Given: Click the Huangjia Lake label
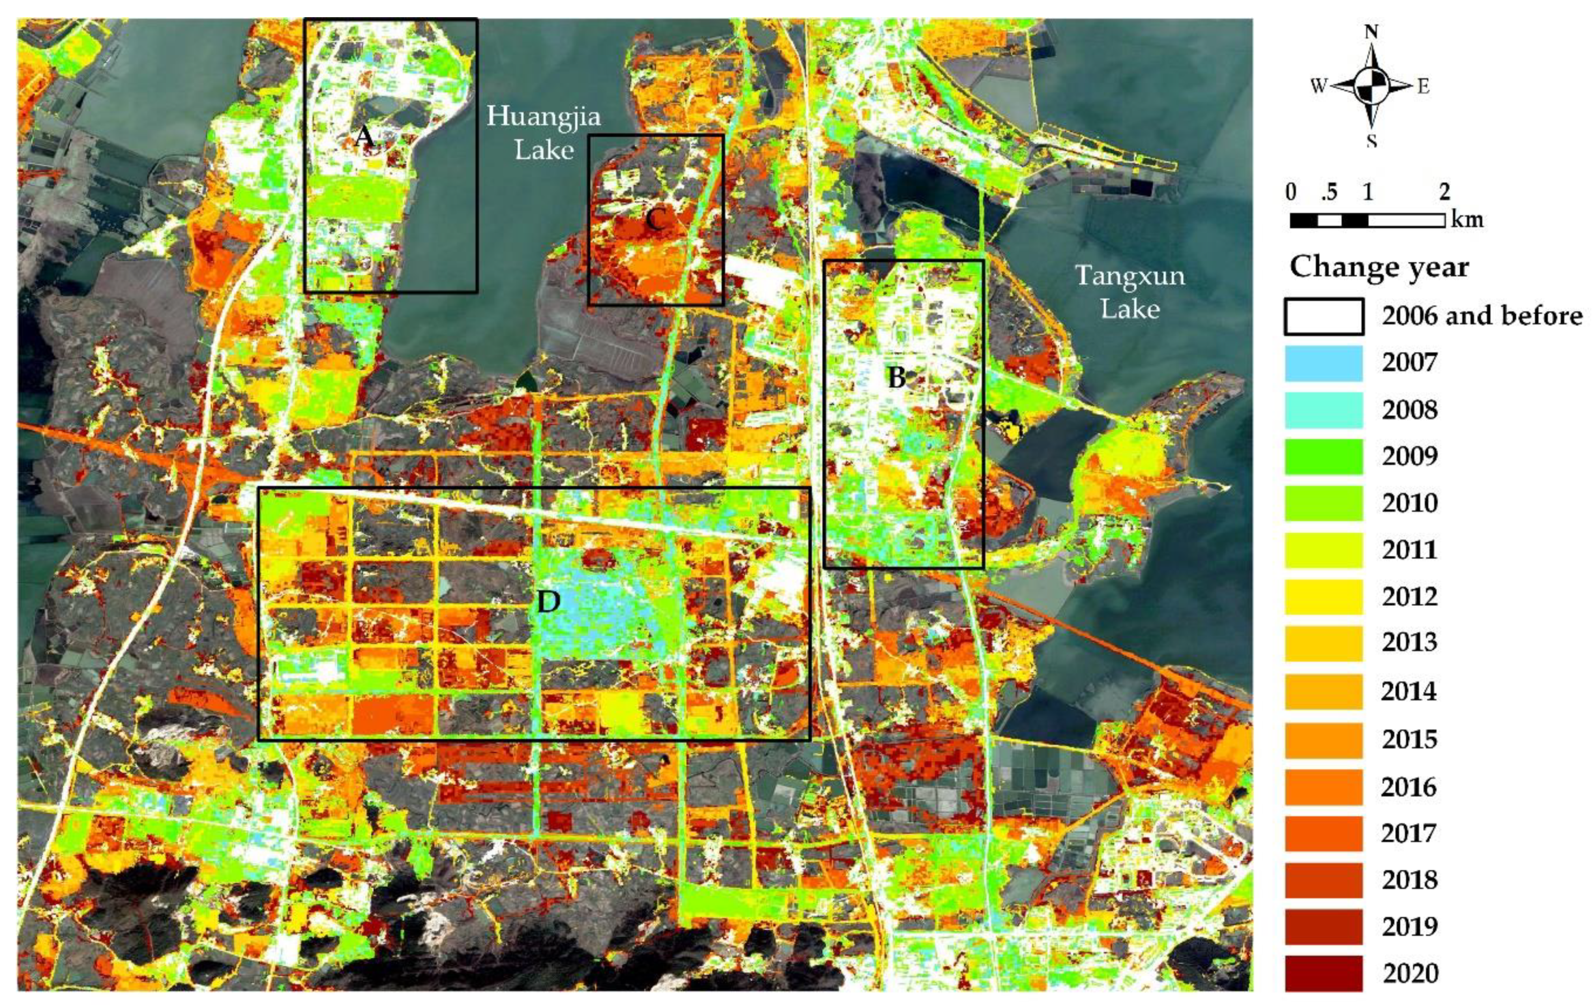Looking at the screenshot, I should coord(544,133).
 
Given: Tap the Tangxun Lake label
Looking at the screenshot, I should coord(1130,292).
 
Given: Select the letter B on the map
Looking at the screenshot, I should coord(897,377).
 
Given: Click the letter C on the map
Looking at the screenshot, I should coord(655,219).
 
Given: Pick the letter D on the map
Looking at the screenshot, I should coord(548,601).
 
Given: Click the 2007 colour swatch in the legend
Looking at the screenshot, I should coord(1324,363).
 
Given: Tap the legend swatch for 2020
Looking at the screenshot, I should coord(1324,973).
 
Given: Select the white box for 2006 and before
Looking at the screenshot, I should coord(1324,316).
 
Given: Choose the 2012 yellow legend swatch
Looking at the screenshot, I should coord(1324,597).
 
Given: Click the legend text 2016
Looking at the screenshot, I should coord(1409,786).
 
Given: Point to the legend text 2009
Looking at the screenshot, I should coord(1409,456).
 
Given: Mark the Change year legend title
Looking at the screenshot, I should coord(1379,267).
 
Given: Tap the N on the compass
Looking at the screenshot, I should coord(1372,32).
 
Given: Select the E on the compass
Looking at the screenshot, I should coord(1423,86).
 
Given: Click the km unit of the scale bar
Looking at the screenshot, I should coord(1467,219).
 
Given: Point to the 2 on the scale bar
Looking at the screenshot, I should coord(1445,193).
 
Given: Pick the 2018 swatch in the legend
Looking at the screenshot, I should coord(1324,880).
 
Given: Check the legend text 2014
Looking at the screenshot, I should coord(1409,692).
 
